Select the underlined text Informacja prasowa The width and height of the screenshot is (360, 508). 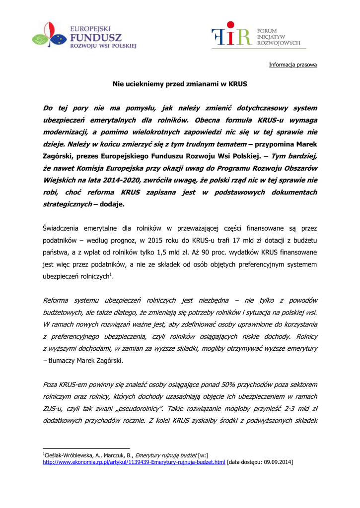tap(292, 65)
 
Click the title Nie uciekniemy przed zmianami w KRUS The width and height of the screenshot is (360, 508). tap(180, 84)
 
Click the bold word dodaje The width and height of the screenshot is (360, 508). tap(113, 204)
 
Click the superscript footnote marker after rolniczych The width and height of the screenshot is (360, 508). tap(110, 274)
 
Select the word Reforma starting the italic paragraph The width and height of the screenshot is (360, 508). tap(57, 301)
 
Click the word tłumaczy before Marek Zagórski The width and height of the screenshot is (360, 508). tap(61, 361)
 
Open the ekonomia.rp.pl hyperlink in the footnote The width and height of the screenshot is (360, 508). tap(134, 462)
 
